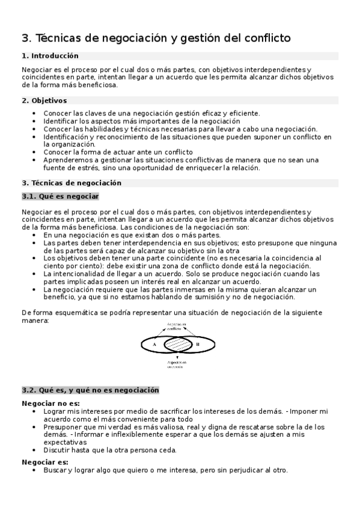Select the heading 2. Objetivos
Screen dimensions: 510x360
pyautogui.click(x=44, y=100)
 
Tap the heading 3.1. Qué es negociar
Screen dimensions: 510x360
pyautogui.click(x=60, y=197)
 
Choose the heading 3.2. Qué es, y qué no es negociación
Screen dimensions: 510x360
pyautogui.click(x=90, y=390)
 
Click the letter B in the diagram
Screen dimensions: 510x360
pyautogui.click(x=197, y=344)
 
